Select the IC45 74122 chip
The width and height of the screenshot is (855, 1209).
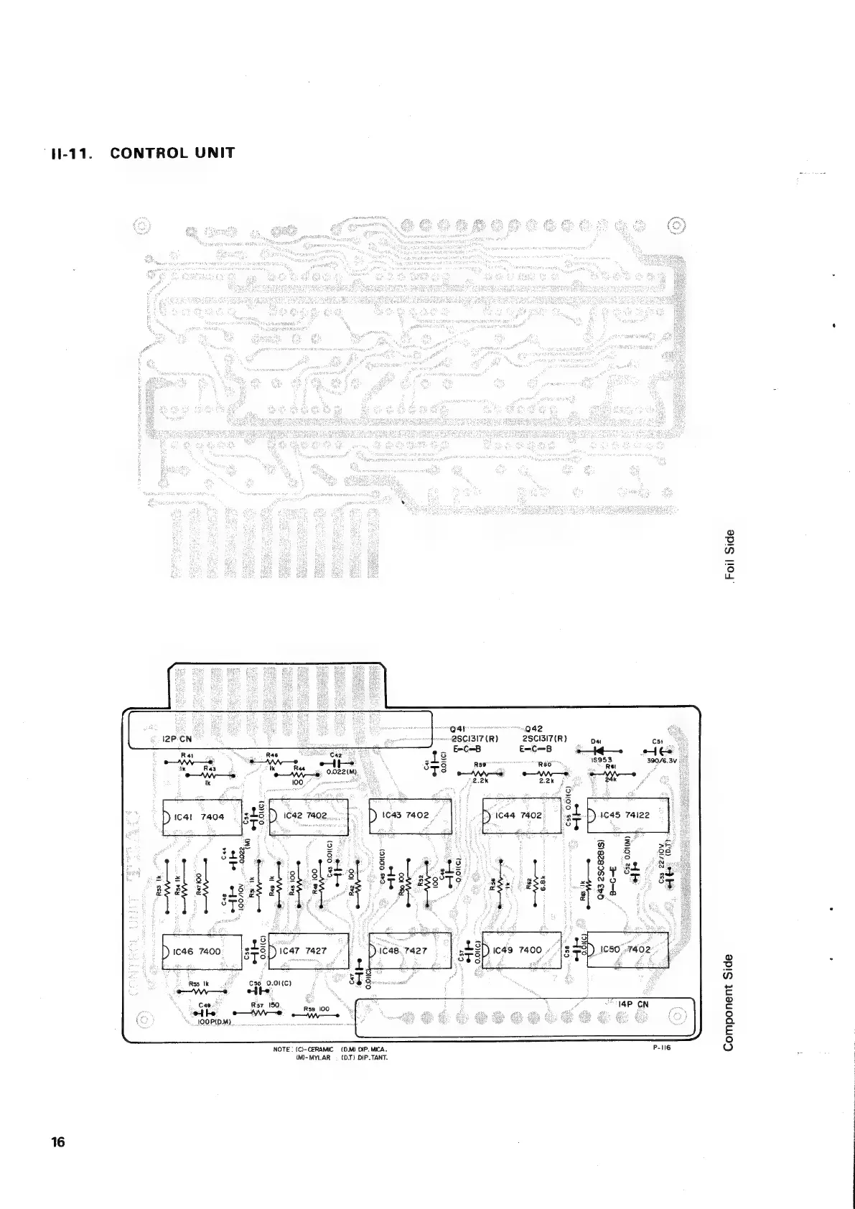click(628, 815)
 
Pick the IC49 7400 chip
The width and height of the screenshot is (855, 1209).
click(520, 950)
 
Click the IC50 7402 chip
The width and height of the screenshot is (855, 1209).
click(627, 950)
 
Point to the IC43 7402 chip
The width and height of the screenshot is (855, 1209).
click(409, 816)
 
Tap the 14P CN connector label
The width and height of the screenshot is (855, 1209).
click(633, 1004)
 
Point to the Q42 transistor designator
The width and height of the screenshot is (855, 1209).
click(535, 729)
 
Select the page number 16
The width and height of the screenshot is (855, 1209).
click(58, 1142)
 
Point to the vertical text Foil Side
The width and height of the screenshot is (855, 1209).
click(730, 554)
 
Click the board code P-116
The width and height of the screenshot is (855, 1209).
click(661, 1047)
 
